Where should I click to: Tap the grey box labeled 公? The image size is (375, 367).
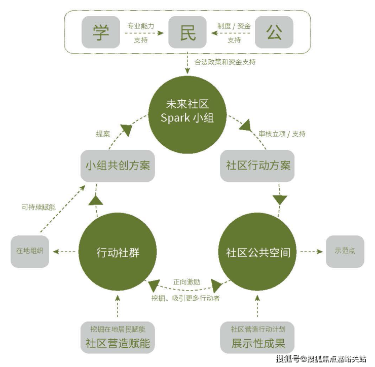pos(274,32)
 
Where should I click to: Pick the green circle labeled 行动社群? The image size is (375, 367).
pos(118,252)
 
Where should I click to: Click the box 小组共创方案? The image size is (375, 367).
pos(118,166)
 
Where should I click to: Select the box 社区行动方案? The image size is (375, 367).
pos(257,166)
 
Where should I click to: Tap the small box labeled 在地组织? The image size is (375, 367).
pos(30,251)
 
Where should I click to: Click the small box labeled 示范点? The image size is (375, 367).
pos(345,251)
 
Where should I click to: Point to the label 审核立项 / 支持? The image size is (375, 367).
pos(282,134)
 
